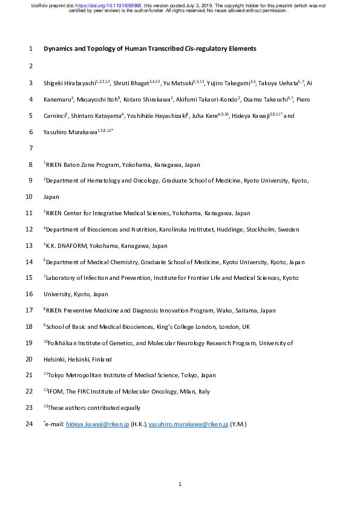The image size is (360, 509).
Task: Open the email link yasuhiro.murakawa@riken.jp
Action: pos(188,425)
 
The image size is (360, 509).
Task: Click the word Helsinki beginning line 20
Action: pos(55,359)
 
